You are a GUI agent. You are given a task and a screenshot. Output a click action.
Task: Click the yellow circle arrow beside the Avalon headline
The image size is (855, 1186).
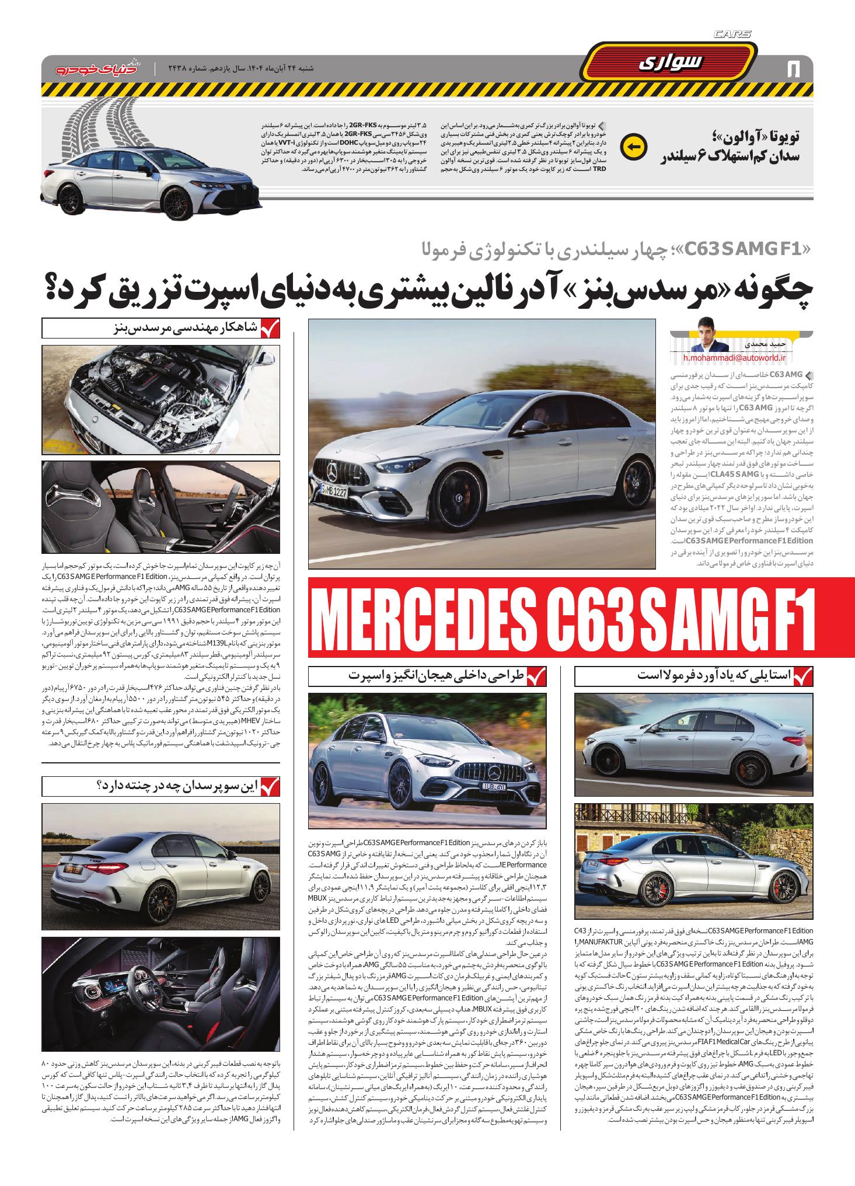[x=633, y=147]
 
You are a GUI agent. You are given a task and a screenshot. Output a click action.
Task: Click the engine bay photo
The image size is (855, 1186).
[x=160, y=396]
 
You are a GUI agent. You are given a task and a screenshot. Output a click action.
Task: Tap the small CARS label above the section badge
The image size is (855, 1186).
[x=732, y=35]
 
